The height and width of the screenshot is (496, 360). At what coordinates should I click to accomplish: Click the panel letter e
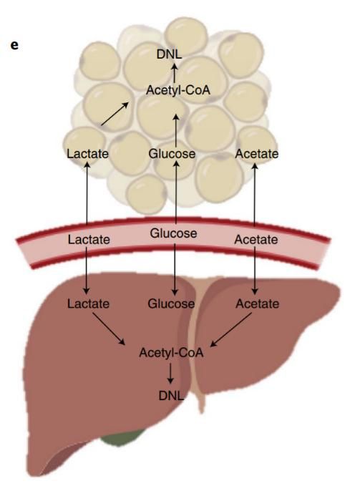pyautogui.click(x=14, y=45)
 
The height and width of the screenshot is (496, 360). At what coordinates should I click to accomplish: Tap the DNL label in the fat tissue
pyautogui.click(x=169, y=54)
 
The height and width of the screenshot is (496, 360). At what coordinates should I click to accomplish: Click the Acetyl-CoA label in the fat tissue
pyautogui.click(x=178, y=90)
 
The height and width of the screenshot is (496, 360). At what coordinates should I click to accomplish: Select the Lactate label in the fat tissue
pyautogui.click(x=87, y=154)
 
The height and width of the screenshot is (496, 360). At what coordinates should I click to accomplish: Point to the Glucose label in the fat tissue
pyautogui.click(x=172, y=154)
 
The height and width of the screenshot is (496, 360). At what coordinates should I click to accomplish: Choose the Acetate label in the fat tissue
pyautogui.click(x=257, y=154)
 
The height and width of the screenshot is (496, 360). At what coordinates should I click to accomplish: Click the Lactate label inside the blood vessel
pyautogui.click(x=89, y=240)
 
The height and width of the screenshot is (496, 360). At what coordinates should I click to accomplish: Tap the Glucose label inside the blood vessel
pyautogui.click(x=173, y=233)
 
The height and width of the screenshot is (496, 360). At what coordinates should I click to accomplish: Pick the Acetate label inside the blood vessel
pyautogui.click(x=256, y=240)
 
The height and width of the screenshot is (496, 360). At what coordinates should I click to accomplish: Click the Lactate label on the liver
pyautogui.click(x=88, y=303)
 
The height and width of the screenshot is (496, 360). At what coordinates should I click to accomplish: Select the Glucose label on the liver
pyautogui.click(x=171, y=303)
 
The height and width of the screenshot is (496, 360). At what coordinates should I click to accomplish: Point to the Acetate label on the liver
pyautogui.click(x=258, y=303)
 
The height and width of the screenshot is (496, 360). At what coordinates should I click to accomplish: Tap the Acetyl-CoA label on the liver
pyautogui.click(x=171, y=352)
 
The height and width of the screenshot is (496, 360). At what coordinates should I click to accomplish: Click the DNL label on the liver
pyautogui.click(x=171, y=395)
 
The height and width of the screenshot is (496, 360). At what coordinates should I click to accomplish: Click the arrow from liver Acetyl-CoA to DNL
pyautogui.click(x=170, y=374)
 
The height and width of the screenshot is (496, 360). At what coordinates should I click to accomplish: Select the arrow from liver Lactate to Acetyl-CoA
pyautogui.click(x=109, y=329)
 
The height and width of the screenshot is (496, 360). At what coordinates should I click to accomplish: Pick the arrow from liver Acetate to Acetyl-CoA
pyautogui.click(x=231, y=330)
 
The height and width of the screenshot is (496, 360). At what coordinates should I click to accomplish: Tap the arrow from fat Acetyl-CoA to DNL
pyautogui.click(x=175, y=74)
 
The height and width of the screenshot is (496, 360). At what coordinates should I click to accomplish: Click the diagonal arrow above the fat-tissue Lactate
pyautogui.click(x=115, y=114)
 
